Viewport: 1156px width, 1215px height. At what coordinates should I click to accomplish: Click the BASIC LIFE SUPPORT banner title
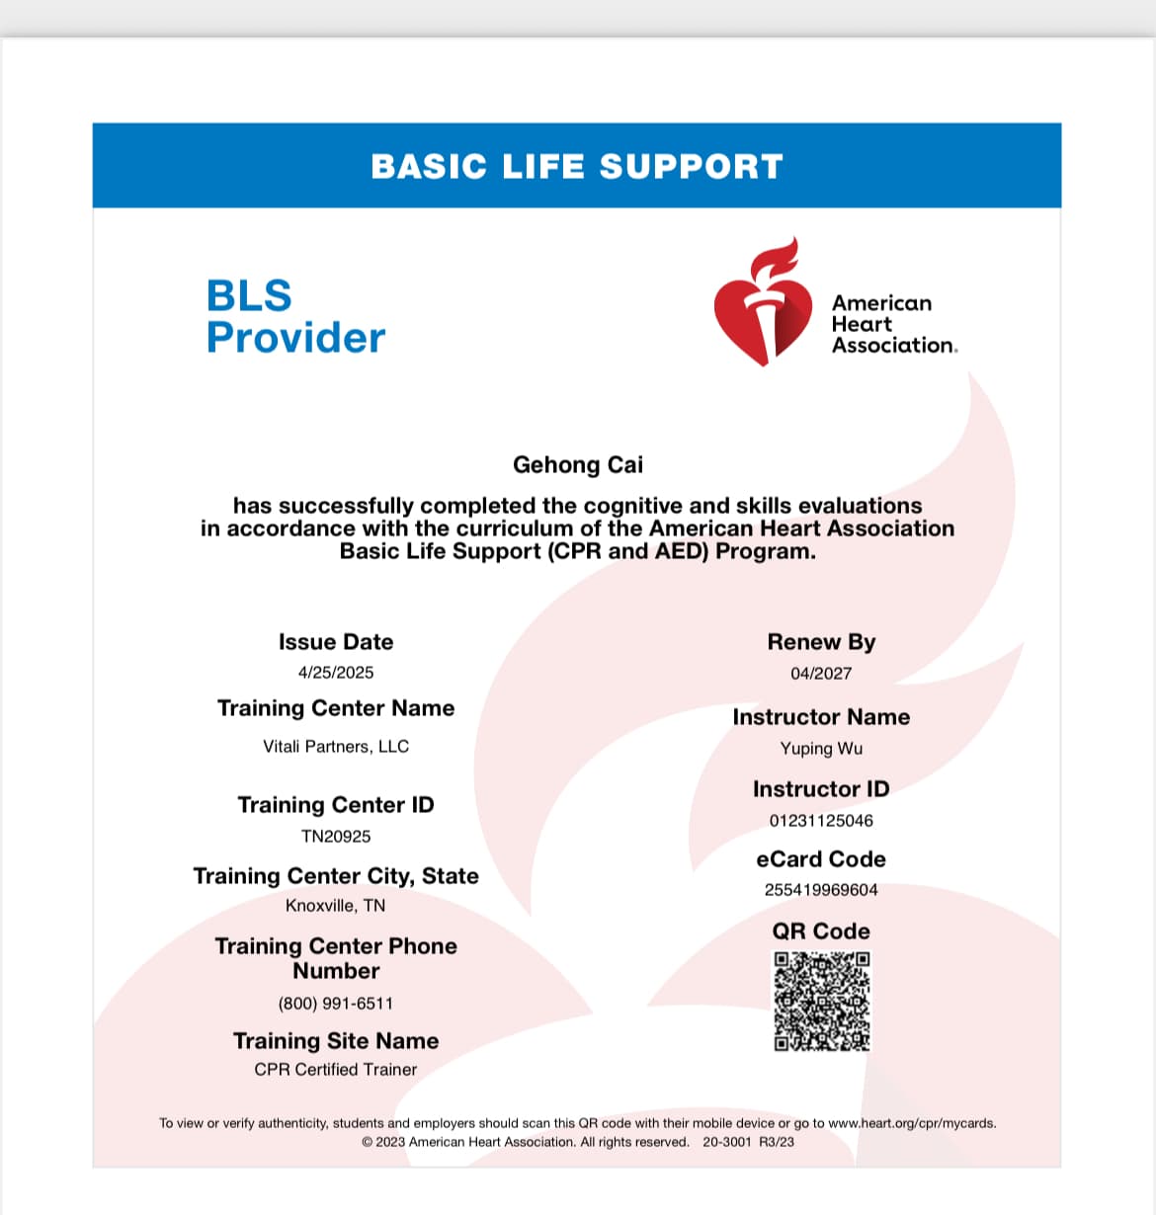[577, 166]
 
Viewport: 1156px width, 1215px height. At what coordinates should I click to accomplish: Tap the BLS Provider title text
[294, 316]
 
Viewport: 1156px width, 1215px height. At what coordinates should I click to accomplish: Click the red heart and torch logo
[762, 304]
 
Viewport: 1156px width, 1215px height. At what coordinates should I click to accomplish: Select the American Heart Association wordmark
[893, 324]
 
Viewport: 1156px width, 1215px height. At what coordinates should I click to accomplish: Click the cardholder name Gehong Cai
[577, 464]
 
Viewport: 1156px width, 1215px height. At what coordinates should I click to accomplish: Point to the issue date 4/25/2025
[336, 673]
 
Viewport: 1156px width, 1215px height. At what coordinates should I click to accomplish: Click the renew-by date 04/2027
[821, 674]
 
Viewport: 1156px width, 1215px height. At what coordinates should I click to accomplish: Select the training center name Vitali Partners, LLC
[336, 747]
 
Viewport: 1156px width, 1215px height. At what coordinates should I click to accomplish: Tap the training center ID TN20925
[336, 837]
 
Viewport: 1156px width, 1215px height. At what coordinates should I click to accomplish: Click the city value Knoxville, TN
[336, 906]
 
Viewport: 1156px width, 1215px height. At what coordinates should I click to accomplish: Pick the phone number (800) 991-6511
[336, 1004]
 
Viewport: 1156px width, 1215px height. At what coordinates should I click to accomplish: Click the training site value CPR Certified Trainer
[336, 1070]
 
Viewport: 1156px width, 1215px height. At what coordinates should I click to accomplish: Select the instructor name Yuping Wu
[821, 749]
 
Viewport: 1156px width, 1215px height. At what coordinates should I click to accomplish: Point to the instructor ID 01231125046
[821, 821]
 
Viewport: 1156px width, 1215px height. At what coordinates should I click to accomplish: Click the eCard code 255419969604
[821, 890]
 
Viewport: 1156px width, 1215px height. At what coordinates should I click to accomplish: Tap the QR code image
[821, 1001]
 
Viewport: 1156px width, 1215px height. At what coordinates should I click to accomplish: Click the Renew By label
[821, 642]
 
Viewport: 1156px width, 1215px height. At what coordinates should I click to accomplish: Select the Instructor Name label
[821, 717]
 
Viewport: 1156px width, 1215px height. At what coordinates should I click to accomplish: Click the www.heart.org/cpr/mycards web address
[911, 1123]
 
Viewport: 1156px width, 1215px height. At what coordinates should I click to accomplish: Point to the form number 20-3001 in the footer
[727, 1142]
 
